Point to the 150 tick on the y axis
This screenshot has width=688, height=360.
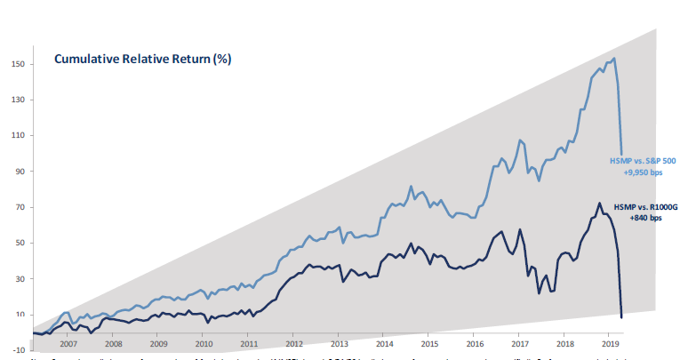coord(17,64)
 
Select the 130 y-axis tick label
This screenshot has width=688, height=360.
coord(17,100)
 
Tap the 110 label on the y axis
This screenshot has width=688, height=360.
coord(17,135)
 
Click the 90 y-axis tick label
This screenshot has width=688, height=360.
coord(19,172)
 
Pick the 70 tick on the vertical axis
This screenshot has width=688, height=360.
coord(19,207)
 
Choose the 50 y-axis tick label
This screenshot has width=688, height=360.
coord(19,243)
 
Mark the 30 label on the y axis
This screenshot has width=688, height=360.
coord(19,278)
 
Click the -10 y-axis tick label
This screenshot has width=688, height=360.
coord(18,350)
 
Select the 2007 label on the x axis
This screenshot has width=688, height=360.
coord(68,342)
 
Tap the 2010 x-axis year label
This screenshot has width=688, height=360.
coord(204,342)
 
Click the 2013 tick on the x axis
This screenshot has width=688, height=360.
coord(339,342)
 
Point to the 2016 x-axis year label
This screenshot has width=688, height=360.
coord(474,342)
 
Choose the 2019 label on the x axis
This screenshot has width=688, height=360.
coord(609,342)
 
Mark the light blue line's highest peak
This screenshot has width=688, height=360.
coord(614,59)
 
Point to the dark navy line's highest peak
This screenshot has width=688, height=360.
coord(599,203)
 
